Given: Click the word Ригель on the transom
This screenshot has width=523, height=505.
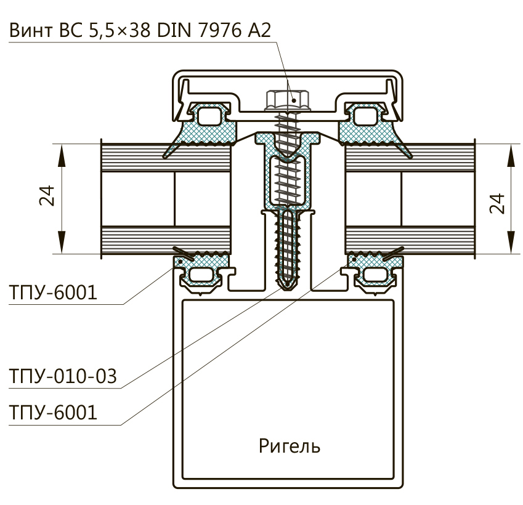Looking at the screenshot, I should pos(290,445).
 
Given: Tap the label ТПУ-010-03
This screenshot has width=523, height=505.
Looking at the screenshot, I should pos(63,376).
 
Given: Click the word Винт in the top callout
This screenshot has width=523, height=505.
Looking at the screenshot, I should pos(31,31).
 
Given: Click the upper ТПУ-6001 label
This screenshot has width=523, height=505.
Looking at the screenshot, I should pos(54,293).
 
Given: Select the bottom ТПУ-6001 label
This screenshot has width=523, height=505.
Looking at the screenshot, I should pos(54,412).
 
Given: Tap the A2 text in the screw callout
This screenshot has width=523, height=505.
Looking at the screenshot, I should pos(259,31).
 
